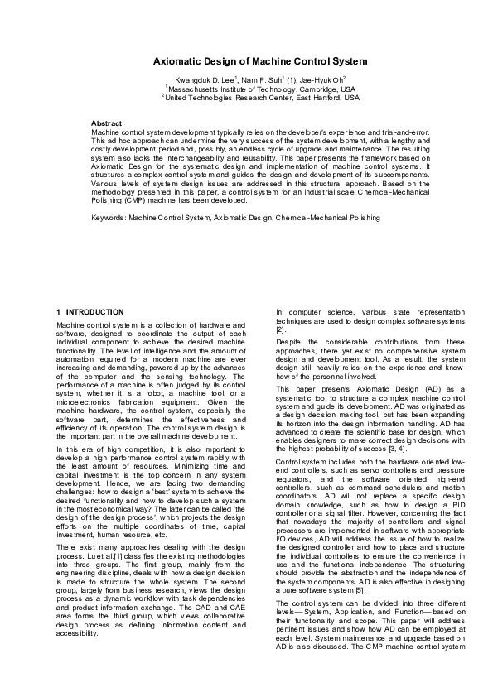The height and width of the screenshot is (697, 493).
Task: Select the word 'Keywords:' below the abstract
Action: click(x=108, y=218)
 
